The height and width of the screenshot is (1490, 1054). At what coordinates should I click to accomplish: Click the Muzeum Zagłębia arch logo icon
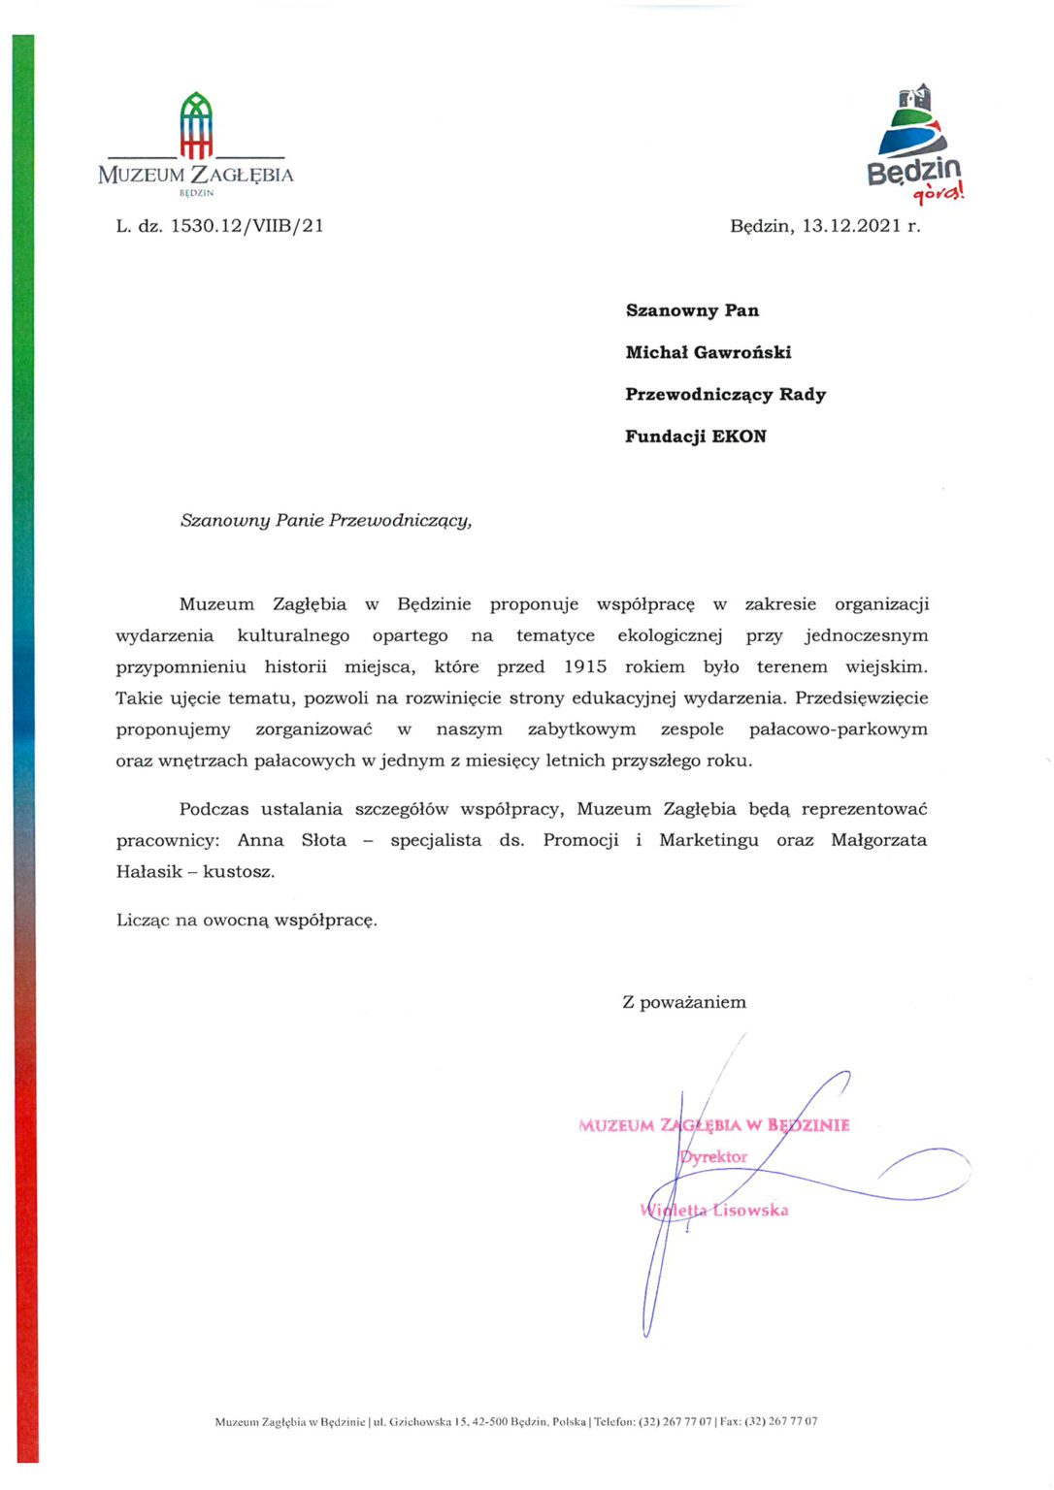tap(196, 125)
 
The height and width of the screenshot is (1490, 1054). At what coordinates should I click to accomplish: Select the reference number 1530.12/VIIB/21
tap(247, 226)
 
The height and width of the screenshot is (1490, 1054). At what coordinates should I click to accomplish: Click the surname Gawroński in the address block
tap(742, 352)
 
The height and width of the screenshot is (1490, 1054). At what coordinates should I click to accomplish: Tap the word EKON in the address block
tap(739, 437)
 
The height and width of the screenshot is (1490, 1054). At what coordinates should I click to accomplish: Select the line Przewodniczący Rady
tap(725, 395)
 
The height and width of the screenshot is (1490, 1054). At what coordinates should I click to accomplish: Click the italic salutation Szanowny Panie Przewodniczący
tap(326, 520)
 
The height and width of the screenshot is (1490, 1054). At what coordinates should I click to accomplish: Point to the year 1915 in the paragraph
tap(584, 666)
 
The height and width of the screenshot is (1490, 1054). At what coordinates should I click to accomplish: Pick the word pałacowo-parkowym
tap(838, 729)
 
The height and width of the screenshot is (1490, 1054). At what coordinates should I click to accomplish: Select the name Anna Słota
tap(291, 840)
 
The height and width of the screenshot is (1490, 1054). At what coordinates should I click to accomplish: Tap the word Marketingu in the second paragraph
tap(708, 840)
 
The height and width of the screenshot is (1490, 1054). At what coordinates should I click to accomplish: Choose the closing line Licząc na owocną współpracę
tap(247, 920)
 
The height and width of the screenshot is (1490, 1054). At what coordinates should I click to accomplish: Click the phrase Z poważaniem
tap(684, 1002)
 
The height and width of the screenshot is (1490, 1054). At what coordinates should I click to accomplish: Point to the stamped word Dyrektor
tap(713, 1157)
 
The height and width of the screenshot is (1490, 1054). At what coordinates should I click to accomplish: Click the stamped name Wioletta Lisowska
tap(714, 1210)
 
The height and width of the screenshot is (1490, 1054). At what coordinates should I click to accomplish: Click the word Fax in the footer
tap(731, 1422)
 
